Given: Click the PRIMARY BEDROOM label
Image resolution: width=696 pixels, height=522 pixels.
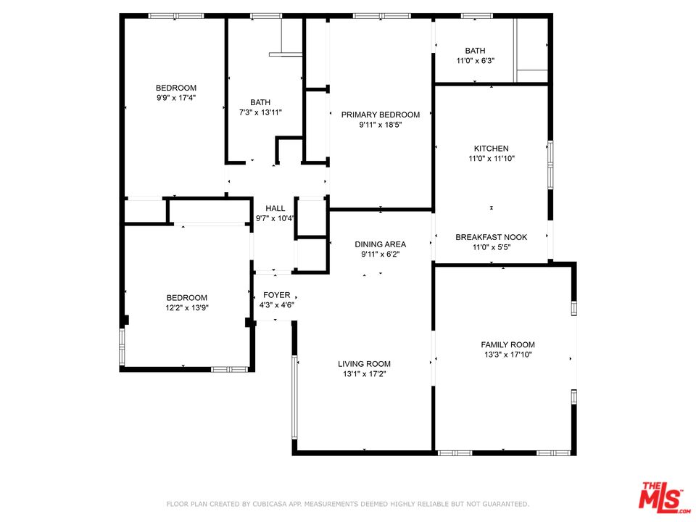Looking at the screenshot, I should [380, 115].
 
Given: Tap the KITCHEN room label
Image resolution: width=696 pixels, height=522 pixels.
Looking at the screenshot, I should [491, 149].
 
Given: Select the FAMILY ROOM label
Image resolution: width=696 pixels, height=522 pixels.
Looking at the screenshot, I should [507, 345].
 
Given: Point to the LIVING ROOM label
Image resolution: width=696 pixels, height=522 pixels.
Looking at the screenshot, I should [364, 364].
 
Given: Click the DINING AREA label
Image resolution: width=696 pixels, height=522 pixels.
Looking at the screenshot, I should [380, 244].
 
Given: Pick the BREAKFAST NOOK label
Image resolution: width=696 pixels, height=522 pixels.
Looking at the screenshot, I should [491, 237].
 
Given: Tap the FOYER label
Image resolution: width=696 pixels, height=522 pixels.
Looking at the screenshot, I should [276, 295].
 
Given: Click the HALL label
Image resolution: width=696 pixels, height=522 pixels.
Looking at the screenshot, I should [275, 208].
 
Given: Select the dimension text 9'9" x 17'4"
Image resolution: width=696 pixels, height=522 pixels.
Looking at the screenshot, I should [175, 98].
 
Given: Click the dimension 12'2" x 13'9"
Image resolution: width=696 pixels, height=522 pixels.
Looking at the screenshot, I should [186, 307].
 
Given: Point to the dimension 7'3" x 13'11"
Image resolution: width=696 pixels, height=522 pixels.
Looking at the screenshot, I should [260, 112].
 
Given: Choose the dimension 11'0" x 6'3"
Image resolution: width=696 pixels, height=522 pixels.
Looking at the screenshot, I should [475, 60].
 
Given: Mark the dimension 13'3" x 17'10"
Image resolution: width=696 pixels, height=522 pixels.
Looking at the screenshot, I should [507, 355].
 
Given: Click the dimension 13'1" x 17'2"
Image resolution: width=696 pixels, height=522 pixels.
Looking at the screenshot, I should [364, 374].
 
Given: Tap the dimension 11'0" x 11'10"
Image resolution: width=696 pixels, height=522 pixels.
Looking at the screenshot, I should [491, 158].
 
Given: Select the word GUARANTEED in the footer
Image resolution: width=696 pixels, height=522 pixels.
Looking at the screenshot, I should [503, 504].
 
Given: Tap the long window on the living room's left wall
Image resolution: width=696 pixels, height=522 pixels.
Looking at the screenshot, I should [294, 397].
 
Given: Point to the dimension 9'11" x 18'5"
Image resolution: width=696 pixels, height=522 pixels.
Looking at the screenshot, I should [380, 125].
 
